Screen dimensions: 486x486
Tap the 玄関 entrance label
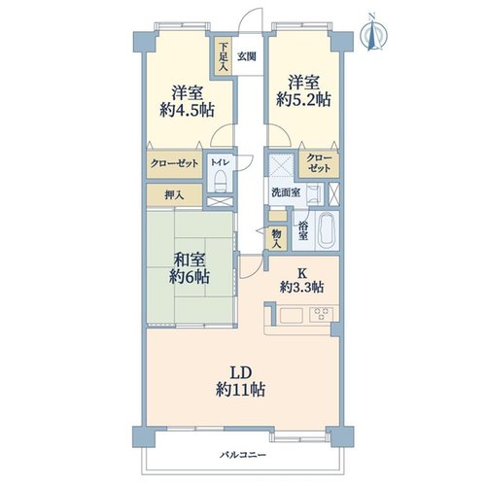[247, 56]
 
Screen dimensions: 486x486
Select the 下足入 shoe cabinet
[223, 56]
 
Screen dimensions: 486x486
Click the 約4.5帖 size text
[187, 110]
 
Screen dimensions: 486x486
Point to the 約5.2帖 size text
[303, 100]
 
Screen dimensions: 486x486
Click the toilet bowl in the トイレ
[221, 182]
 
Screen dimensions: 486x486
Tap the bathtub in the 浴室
[327, 231]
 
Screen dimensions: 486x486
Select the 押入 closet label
[174, 195]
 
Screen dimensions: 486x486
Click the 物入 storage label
[276, 238]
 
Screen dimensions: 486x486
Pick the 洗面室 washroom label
[286, 192]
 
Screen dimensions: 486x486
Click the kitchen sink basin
[292, 315]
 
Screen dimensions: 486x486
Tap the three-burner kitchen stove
[322, 314]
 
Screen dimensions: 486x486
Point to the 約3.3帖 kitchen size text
[301, 287]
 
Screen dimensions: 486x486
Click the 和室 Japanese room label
[190, 260]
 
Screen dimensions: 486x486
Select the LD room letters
[241, 373]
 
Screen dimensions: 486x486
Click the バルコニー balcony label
[243, 455]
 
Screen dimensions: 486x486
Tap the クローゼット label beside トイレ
[174, 163]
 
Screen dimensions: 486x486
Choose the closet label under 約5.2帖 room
[319, 163]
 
